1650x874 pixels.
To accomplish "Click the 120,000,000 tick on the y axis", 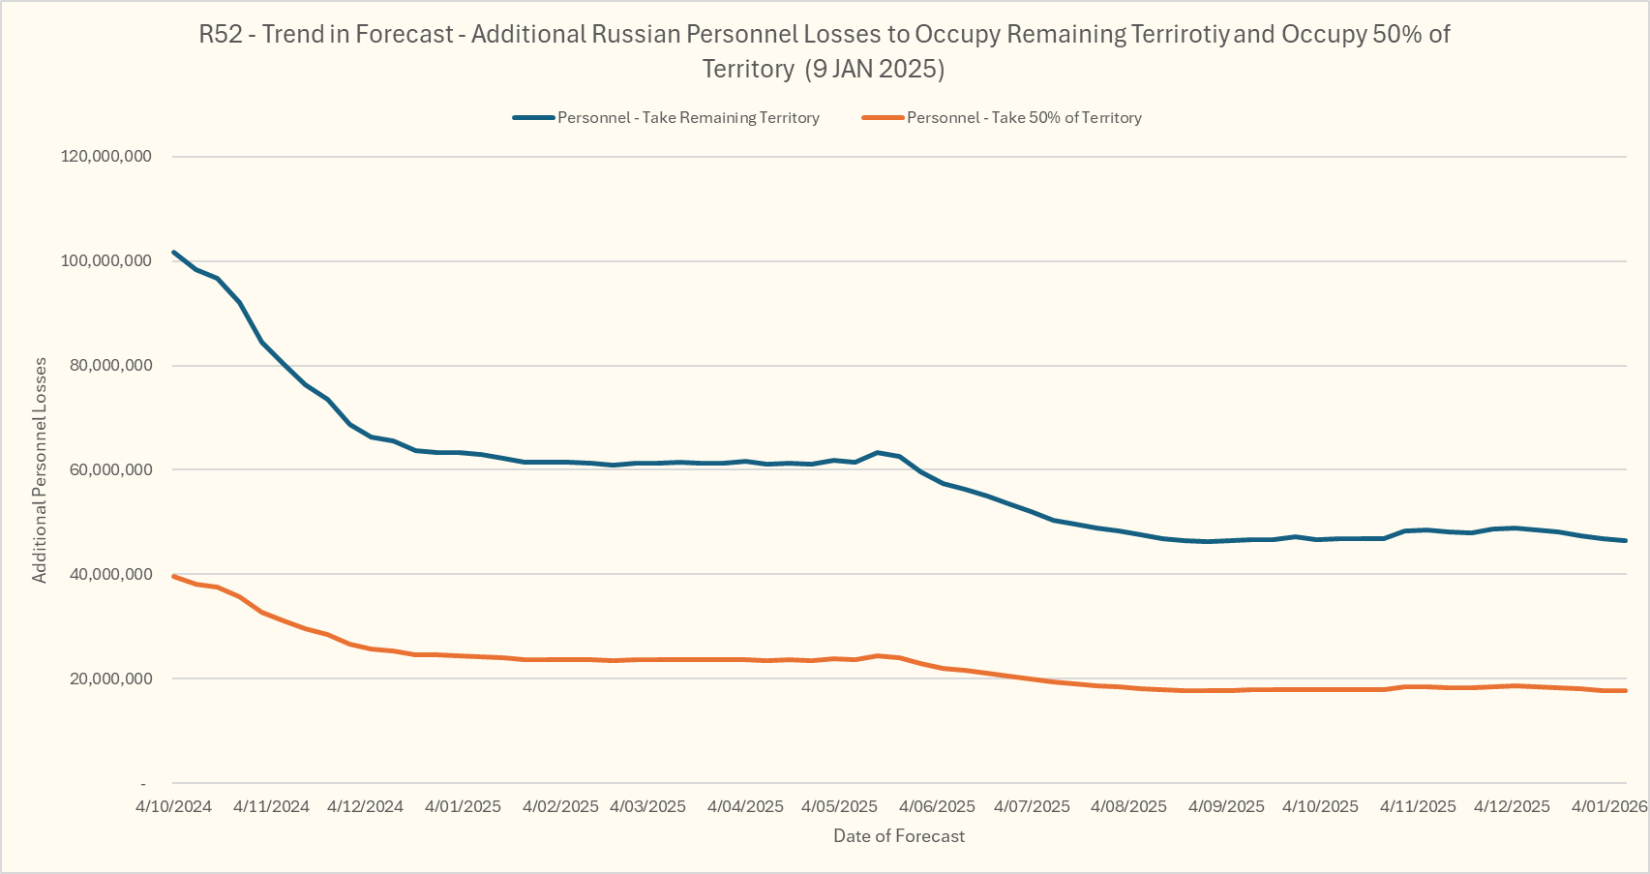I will (105, 157).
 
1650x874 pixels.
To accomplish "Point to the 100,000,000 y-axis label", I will (105, 261).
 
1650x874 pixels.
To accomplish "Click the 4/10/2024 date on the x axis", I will (173, 807).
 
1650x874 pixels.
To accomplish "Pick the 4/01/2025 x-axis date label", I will (463, 807).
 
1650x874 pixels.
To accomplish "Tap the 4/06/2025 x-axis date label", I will (937, 807).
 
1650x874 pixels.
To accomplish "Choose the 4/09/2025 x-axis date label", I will (1226, 807).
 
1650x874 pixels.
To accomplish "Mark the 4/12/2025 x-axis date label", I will (1512, 807).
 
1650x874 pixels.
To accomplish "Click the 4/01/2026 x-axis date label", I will (1608, 807).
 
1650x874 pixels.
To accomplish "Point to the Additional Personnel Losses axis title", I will (40, 470).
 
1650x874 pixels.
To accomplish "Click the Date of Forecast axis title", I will (899, 836).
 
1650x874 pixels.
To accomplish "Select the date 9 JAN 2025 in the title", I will (878, 70).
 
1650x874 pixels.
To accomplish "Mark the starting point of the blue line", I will (173, 253).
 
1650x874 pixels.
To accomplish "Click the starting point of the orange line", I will (173, 576).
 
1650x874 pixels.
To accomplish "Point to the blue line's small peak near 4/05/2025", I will (877, 452).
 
